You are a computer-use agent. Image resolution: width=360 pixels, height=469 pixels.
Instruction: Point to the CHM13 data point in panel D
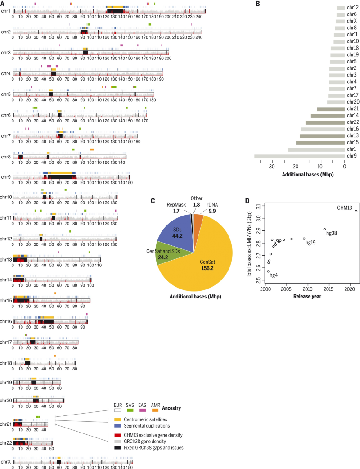pos(356,211)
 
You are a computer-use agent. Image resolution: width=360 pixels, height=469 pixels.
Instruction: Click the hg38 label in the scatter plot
pos(331,233)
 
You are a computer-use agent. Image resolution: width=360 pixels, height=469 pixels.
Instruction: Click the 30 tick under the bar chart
pos(271,166)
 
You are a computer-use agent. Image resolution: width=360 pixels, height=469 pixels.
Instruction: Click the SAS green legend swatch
pos(134,409)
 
